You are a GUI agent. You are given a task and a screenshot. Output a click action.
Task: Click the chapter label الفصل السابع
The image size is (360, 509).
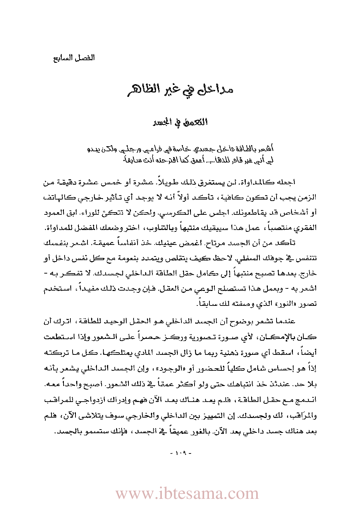click(74, 58)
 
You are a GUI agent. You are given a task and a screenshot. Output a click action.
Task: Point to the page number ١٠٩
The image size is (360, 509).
click(180, 453)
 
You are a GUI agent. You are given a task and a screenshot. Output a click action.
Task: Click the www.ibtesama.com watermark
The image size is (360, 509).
click(187, 494)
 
